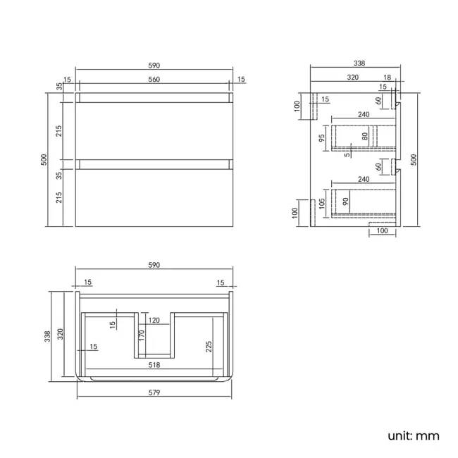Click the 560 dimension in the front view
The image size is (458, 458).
(154, 80)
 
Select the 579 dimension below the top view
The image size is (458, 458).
(154, 392)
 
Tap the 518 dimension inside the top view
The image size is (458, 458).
(154, 366)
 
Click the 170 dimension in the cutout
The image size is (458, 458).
(141, 335)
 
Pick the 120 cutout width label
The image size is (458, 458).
(154, 321)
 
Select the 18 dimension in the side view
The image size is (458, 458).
(388, 78)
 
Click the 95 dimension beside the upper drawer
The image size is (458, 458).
(321, 138)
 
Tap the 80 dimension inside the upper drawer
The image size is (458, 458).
(366, 137)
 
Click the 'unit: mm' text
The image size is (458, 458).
(413, 435)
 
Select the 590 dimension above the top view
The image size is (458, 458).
(154, 265)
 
